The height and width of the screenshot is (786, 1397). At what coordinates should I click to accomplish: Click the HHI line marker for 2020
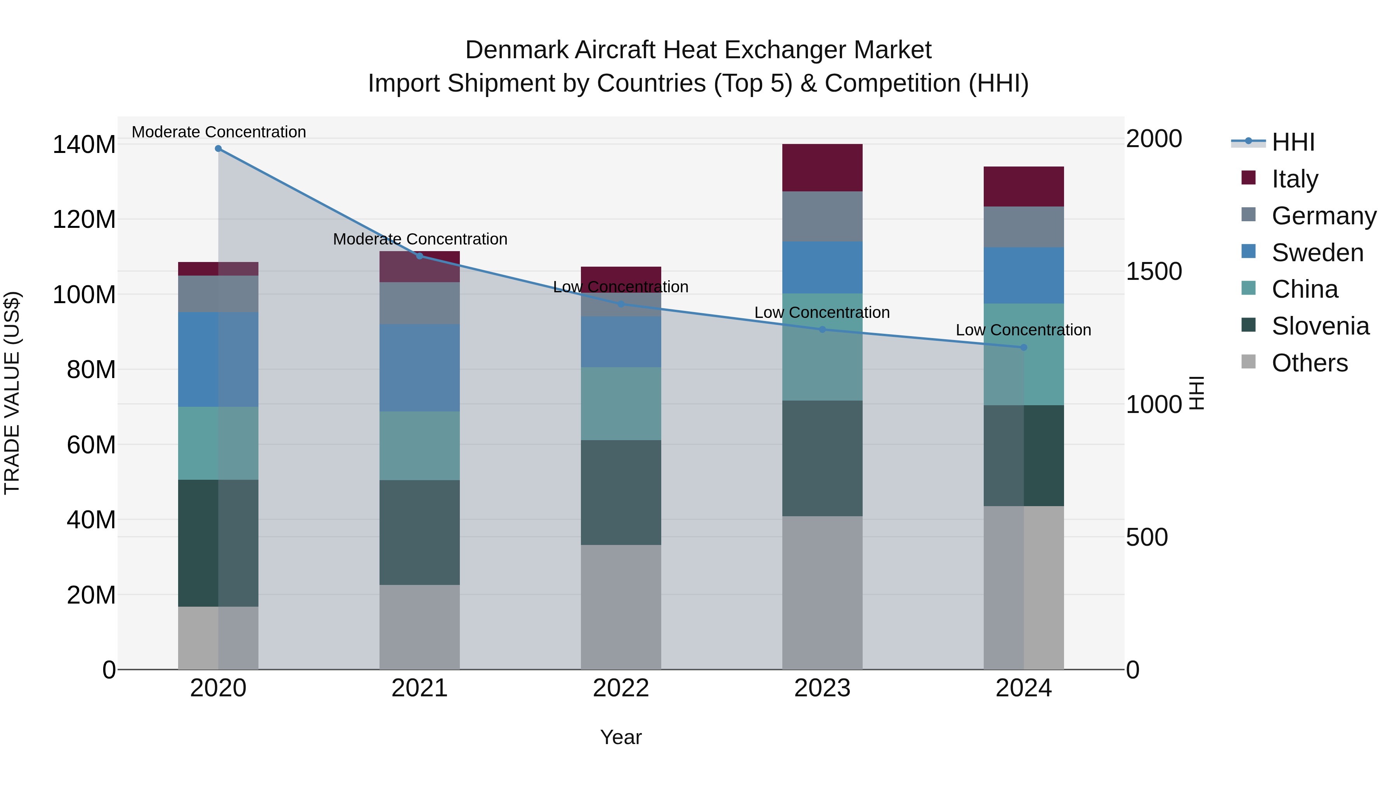(x=218, y=149)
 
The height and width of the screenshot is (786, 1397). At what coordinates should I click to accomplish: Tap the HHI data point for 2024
(x=1023, y=347)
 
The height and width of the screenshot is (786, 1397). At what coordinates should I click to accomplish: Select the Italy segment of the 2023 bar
(x=822, y=168)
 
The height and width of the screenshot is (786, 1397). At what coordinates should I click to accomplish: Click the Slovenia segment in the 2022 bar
(x=621, y=492)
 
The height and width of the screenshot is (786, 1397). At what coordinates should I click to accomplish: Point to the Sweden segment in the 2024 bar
(x=1023, y=275)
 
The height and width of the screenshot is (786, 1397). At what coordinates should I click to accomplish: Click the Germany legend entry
(x=1324, y=216)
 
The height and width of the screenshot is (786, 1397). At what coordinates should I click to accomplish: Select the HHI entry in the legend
(x=1293, y=142)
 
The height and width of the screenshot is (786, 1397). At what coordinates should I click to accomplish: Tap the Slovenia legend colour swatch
(x=1248, y=325)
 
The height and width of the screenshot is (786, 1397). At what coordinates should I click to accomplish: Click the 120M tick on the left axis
(x=84, y=220)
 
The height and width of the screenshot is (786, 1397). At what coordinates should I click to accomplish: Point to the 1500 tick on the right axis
(x=1154, y=271)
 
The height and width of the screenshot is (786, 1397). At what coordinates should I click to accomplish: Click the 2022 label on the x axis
(x=621, y=688)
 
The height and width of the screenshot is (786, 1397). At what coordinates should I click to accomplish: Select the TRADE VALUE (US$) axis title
(x=12, y=393)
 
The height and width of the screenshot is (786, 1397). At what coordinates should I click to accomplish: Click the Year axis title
(x=621, y=737)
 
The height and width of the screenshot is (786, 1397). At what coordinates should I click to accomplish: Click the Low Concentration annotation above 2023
(x=822, y=312)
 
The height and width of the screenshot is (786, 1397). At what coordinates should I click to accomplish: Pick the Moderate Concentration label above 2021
(x=420, y=239)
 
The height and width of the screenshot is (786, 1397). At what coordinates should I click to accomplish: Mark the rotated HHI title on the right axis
(x=1196, y=393)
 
